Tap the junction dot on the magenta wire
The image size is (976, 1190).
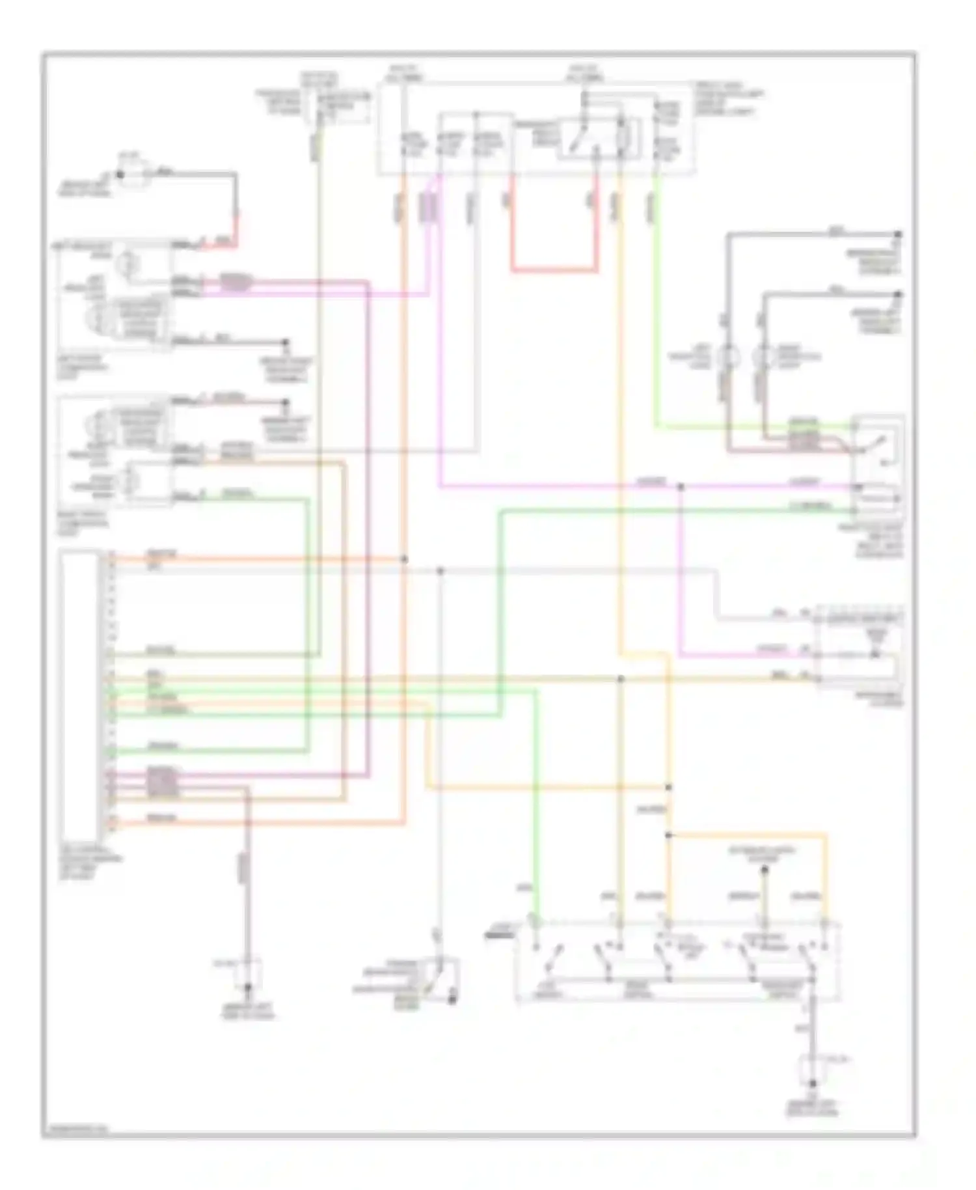[681, 486]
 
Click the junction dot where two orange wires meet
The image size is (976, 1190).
[404, 559]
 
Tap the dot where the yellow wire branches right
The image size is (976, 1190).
[668, 835]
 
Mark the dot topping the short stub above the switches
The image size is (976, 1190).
[765, 869]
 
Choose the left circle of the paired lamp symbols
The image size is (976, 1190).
[728, 357]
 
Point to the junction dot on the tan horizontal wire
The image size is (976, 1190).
[620, 678]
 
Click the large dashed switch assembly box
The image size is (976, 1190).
[677, 960]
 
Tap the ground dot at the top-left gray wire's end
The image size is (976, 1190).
[120, 174]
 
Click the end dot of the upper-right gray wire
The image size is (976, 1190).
[898, 234]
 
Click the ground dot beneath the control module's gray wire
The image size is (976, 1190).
[247, 988]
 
